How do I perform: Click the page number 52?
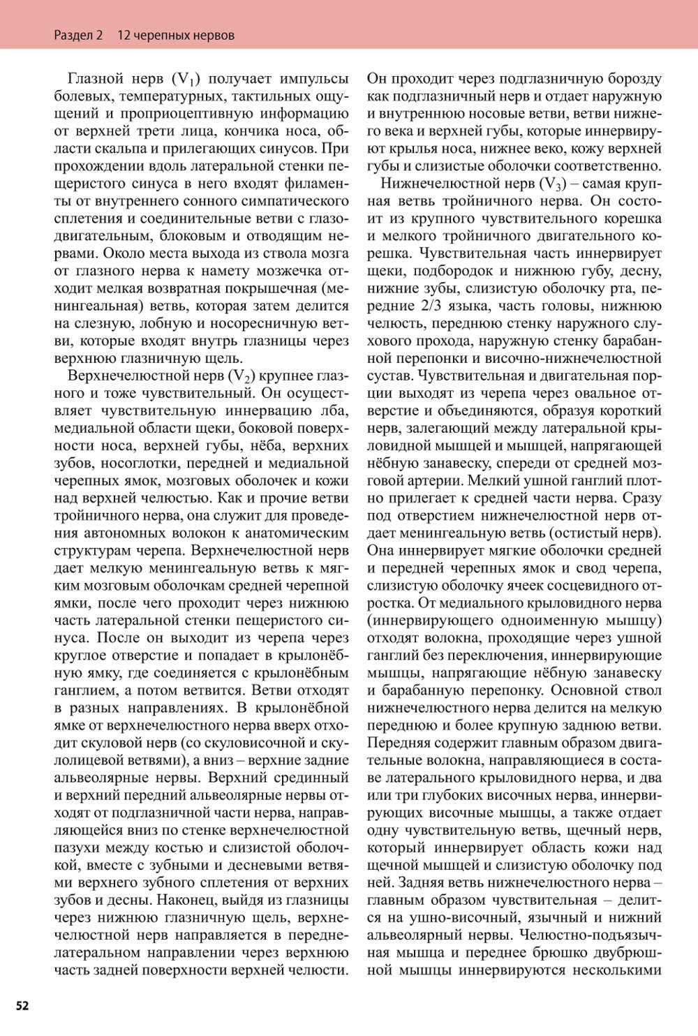click(22, 1005)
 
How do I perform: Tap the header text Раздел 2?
click(78, 35)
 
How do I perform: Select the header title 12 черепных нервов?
click(175, 35)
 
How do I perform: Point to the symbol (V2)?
click(242, 376)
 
